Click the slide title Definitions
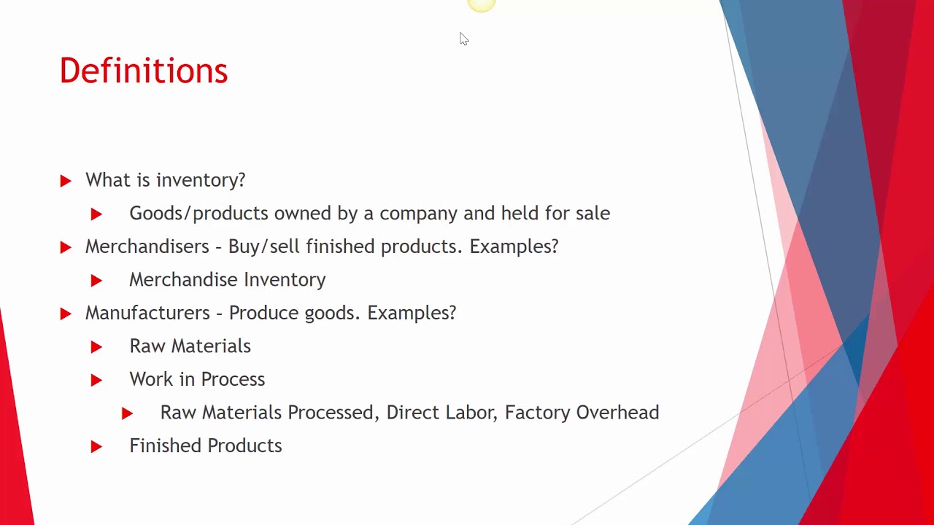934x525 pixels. [x=143, y=71]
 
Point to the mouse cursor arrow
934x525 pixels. [x=464, y=39]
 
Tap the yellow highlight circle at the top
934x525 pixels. [x=481, y=5]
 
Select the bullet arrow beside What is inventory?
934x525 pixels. [x=66, y=181]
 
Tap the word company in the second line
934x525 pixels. [x=418, y=214]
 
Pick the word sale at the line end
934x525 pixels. [x=593, y=214]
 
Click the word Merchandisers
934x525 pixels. [x=147, y=246]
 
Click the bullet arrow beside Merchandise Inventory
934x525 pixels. [x=96, y=280]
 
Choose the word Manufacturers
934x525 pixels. [x=147, y=313]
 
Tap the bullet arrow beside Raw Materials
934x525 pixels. [x=96, y=347]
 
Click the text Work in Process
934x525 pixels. [x=197, y=379]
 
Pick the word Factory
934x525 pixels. [x=537, y=413]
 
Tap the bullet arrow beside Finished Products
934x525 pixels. [x=96, y=446]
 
